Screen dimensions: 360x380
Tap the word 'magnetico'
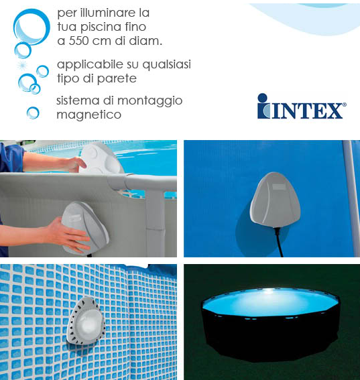(88, 115)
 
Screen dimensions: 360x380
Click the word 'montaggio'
(149, 101)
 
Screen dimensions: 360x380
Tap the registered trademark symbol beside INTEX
(344, 105)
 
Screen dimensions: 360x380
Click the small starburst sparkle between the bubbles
(22, 66)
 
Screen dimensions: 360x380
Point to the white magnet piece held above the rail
(101, 157)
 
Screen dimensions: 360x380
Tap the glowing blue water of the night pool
(269, 302)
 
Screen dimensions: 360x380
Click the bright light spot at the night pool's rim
(269, 292)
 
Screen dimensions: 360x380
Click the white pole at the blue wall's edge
(351, 198)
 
